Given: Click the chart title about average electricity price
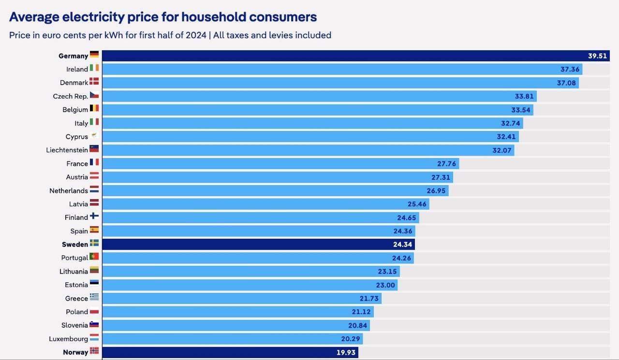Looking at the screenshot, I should point(163,17).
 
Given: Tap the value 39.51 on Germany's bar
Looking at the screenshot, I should point(597,56).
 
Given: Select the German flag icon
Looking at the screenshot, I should point(94,55).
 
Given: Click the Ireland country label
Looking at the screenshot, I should point(77,69).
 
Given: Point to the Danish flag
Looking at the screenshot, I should point(94,82).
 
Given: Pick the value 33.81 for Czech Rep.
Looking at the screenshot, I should point(524,96).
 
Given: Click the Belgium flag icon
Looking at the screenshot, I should point(94,109).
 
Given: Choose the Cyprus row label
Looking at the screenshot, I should point(77,137).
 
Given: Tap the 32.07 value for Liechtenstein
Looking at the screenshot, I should point(502,150).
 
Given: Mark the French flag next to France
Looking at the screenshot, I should point(94,163).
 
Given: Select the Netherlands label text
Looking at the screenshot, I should point(69,191).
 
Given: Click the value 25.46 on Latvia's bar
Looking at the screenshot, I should point(417,204).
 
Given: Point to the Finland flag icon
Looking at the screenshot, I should point(94,216).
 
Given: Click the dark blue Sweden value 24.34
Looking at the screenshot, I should point(402,245).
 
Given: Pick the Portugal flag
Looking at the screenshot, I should point(94,257).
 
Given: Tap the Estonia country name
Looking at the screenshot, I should point(76,285).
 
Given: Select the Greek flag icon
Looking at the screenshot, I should point(94,298).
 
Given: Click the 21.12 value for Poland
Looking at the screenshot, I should point(361,312).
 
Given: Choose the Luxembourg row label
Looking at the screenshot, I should point(69,339).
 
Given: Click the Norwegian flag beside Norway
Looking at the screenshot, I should point(94,351).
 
